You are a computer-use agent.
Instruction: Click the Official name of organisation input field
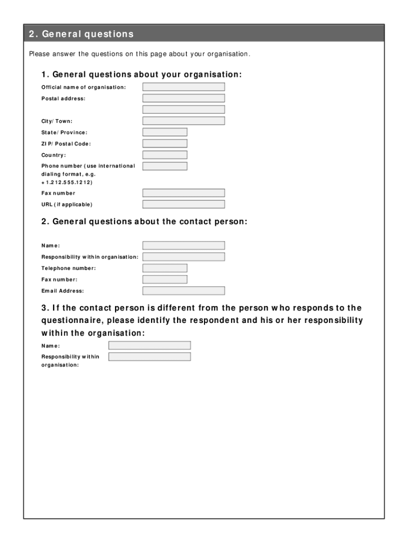click(183, 87)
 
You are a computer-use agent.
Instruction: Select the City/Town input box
click(183, 121)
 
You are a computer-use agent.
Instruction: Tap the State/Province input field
click(165, 132)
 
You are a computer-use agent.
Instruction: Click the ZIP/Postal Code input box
click(165, 144)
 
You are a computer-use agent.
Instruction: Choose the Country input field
click(165, 155)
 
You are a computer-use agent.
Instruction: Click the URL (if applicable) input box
click(183, 204)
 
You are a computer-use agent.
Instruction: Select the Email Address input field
click(183, 291)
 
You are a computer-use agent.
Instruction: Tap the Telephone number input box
click(165, 268)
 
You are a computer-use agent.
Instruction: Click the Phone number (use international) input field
click(165, 166)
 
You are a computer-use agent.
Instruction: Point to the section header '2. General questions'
click(81, 34)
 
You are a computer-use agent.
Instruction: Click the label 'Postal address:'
click(63, 99)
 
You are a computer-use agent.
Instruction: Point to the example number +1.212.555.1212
click(67, 182)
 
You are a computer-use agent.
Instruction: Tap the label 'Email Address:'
click(63, 291)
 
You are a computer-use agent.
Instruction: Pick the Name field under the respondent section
click(149, 345)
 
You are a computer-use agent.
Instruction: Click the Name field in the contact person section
click(183, 246)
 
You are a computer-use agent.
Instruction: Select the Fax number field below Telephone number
click(165, 279)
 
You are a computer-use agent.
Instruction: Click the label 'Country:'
click(54, 155)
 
